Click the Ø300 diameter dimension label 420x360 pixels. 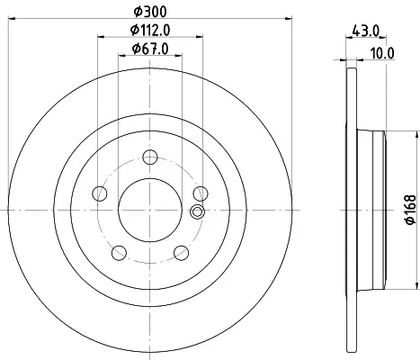pyautogui.click(x=150, y=12)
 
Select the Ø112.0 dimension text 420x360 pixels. pyautogui.click(x=150, y=30)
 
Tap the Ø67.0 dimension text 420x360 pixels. pyautogui.click(x=150, y=49)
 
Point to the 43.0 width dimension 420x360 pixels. pyautogui.click(x=366, y=31)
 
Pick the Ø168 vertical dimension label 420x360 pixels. pyautogui.click(x=410, y=210)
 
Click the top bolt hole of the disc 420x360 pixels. pyautogui.click(x=150, y=157)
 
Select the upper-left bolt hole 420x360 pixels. pyautogui.click(x=100, y=193)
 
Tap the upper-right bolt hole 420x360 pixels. pyautogui.click(x=201, y=193)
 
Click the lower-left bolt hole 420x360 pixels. pyautogui.click(x=119, y=253)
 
